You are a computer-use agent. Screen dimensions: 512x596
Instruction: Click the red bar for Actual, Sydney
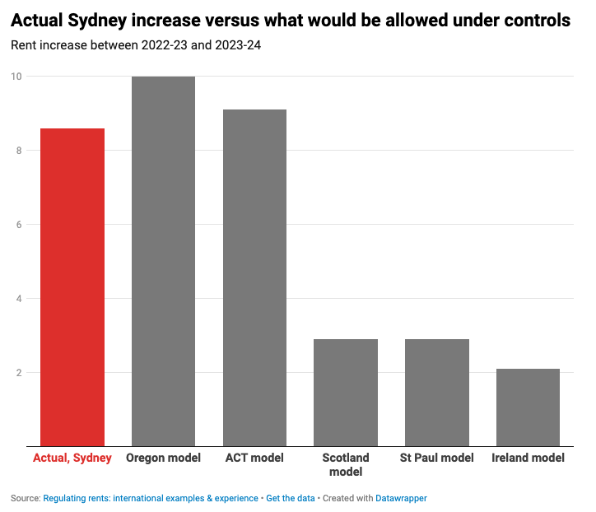(x=72, y=287)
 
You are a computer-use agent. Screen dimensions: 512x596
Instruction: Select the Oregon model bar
(x=163, y=261)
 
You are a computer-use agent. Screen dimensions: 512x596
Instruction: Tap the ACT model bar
(x=254, y=277)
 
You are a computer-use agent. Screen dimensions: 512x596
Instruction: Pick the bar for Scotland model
(x=346, y=393)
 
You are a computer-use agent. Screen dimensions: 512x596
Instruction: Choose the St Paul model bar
(x=436, y=393)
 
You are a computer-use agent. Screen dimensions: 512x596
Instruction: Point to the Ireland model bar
(x=528, y=407)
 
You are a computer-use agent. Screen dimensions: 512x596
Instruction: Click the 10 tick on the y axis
(x=16, y=77)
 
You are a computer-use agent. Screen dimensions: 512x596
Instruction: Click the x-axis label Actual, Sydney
(x=72, y=458)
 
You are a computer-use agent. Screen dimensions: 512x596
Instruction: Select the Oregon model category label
(x=163, y=458)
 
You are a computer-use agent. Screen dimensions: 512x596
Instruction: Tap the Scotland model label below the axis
(x=346, y=465)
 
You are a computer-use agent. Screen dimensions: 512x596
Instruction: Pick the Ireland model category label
(x=528, y=458)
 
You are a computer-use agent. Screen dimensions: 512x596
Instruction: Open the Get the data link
(x=290, y=499)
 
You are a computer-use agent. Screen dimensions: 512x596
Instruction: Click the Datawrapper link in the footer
(x=402, y=499)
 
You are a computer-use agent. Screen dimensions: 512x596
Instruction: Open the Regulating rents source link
(x=151, y=499)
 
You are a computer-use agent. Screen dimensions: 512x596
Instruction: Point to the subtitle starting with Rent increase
(x=136, y=46)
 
